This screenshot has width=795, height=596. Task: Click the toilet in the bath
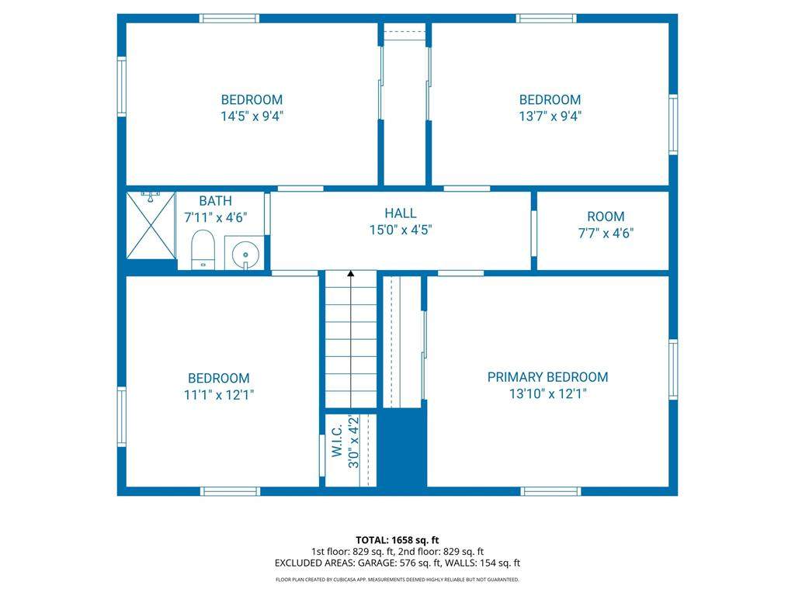203,249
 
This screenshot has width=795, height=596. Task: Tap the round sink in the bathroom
245,253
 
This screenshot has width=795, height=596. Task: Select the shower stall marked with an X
151,226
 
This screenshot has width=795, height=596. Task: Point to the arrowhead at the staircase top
351,274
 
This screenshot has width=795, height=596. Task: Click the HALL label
401,213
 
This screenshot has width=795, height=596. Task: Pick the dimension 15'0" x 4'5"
401,230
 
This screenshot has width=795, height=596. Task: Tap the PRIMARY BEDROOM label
547,377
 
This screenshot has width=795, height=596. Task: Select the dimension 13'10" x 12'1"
547,393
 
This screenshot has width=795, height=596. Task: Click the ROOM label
606,217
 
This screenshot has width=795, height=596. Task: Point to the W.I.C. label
337,441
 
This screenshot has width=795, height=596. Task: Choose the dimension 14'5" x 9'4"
252,116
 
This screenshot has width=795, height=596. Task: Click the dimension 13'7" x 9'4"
550,116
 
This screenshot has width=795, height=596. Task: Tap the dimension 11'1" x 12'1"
218,395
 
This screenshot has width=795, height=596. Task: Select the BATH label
216,201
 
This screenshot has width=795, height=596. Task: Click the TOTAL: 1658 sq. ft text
397,540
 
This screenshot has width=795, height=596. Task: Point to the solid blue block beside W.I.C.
404,448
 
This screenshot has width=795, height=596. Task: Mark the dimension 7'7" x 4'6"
606,234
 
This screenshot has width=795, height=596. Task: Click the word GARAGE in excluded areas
376,563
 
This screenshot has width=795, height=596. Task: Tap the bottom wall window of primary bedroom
550,491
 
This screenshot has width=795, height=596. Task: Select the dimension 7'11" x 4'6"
216,218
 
